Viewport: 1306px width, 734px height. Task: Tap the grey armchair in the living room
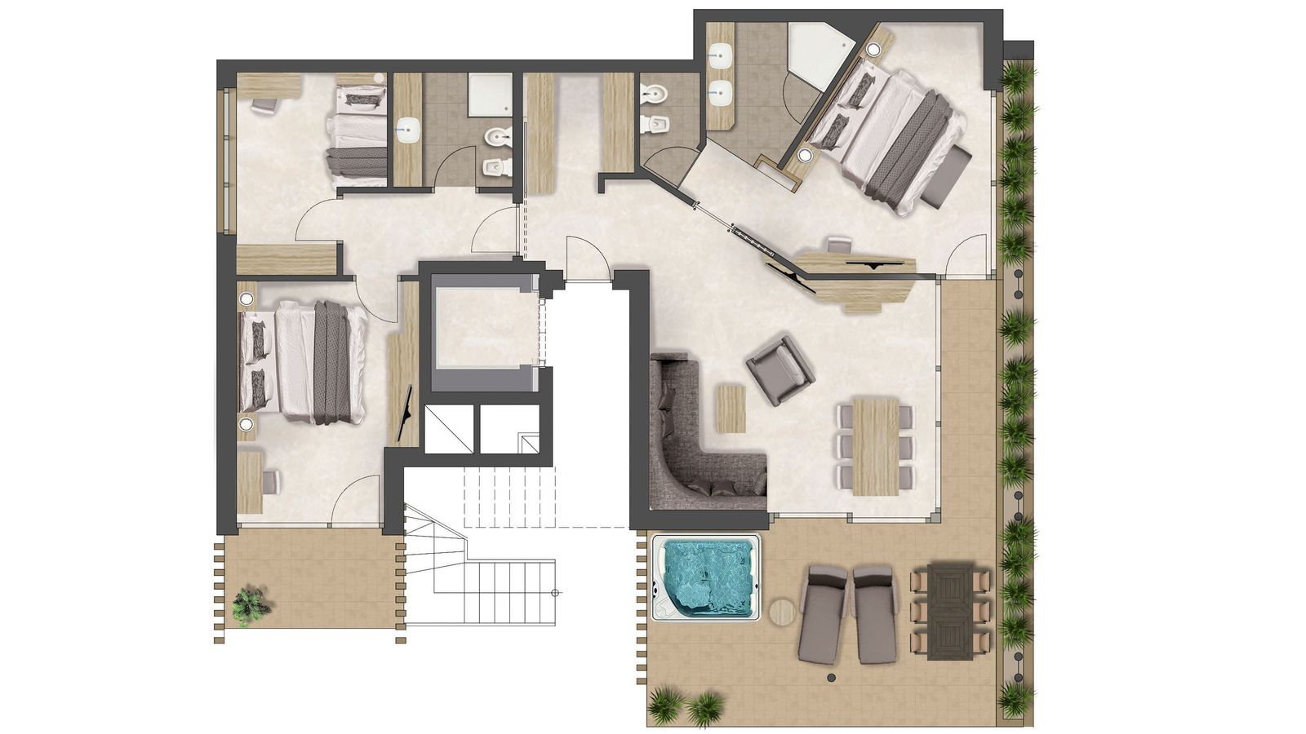[x=780, y=369]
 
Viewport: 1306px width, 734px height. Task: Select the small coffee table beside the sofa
[x=731, y=409]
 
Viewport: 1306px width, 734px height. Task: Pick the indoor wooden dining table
[x=876, y=446]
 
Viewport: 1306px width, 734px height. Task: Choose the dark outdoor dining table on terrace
[x=950, y=611]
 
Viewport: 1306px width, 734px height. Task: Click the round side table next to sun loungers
[x=782, y=612]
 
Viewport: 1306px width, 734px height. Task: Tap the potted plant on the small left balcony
[x=250, y=606]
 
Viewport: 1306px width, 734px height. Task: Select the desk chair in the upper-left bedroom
[x=264, y=106]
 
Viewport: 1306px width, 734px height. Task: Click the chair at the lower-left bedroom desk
[x=270, y=482]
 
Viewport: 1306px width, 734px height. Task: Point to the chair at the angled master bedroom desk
[x=838, y=244]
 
